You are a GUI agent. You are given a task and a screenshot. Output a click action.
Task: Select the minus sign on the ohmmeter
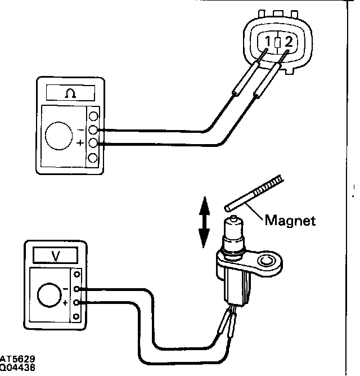click(x=81, y=129)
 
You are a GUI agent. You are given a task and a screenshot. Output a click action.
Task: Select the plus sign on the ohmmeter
click(x=81, y=144)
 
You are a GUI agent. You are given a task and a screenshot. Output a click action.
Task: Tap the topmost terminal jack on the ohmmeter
click(x=93, y=117)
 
